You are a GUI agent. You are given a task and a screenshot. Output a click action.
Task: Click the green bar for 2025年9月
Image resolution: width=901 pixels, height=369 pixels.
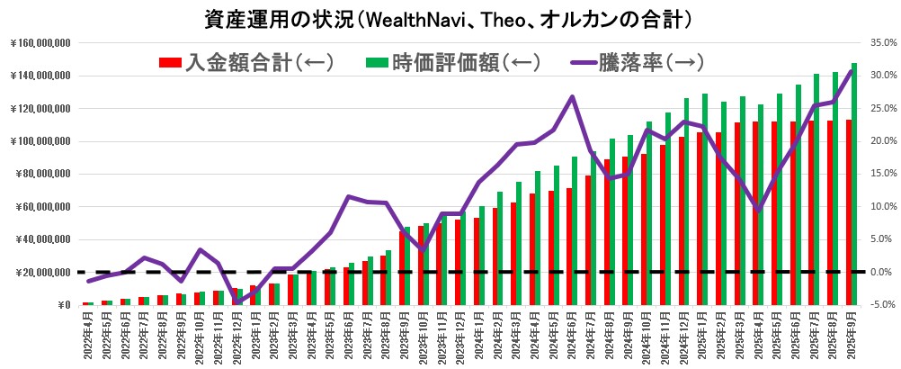click(853, 184)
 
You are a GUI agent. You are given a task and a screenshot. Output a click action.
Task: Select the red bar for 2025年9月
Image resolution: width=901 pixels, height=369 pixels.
click(847, 212)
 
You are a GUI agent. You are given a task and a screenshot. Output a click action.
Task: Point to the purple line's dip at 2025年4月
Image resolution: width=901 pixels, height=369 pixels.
click(758, 211)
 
